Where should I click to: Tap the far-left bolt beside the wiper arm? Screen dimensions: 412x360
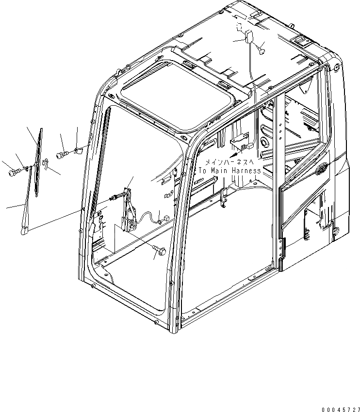coord(13,171)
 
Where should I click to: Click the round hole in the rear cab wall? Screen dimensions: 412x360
coord(265,142)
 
